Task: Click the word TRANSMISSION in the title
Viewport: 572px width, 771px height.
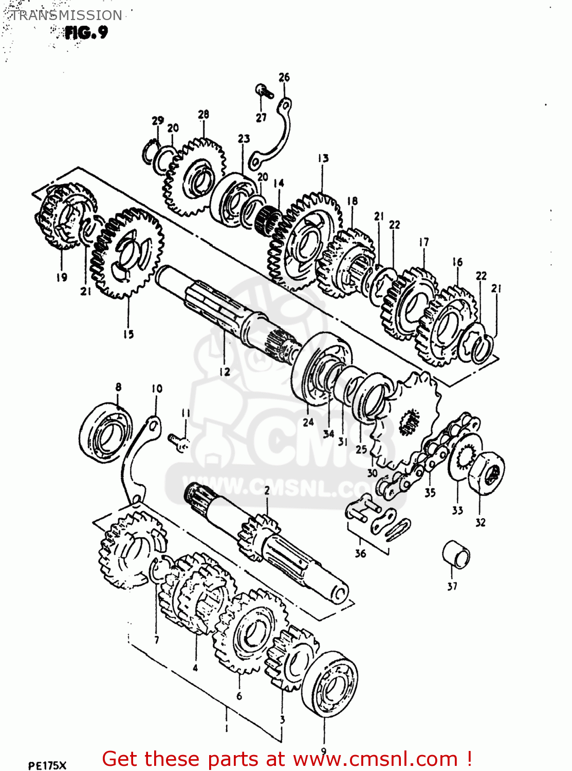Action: click(66, 15)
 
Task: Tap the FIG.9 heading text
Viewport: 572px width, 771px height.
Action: click(86, 33)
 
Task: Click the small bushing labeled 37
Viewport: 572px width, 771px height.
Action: click(456, 554)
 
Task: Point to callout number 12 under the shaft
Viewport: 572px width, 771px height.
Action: click(225, 372)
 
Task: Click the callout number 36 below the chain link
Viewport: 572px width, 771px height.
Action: click(360, 553)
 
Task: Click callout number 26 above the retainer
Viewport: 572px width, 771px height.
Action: click(284, 77)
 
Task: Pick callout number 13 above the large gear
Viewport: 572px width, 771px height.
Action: click(323, 158)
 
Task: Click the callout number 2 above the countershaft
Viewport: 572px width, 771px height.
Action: click(267, 491)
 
